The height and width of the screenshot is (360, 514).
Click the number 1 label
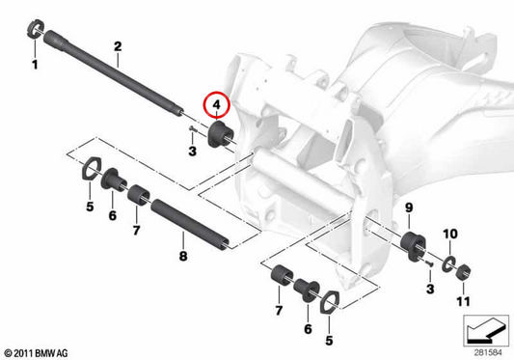point(35,65)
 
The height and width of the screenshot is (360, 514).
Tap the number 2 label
point(118,46)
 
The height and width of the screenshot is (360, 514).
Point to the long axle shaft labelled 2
point(113,72)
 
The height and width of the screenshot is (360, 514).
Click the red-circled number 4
point(216,105)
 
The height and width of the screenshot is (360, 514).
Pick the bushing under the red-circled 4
point(220,134)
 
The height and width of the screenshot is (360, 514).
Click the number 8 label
point(183,256)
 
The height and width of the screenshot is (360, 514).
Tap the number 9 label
point(409,208)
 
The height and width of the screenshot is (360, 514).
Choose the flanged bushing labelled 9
point(413,246)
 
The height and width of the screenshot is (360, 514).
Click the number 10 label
point(450,234)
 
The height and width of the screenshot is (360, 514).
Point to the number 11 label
point(463,301)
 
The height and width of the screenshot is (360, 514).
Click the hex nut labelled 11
point(464,272)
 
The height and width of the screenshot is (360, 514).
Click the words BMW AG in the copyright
point(51,353)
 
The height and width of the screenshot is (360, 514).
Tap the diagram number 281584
point(488,353)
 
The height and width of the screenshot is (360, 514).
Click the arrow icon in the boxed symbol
point(486,331)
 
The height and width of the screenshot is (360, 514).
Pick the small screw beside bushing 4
point(192,129)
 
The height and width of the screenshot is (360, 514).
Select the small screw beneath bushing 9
point(429,263)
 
